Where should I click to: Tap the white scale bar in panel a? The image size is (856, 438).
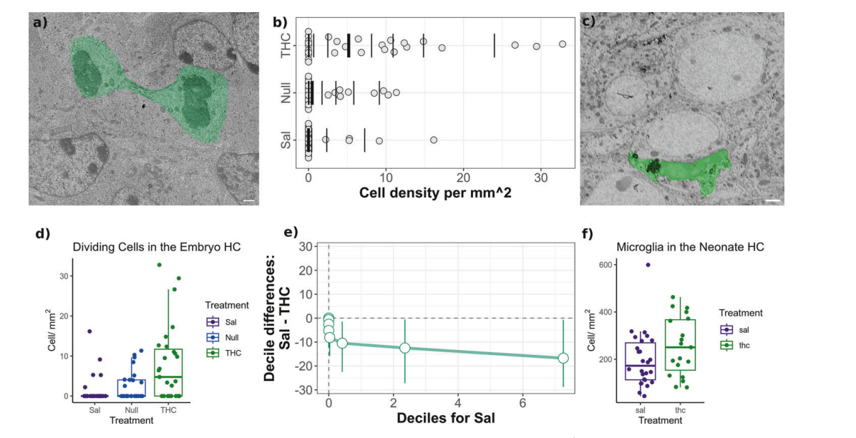[249, 201]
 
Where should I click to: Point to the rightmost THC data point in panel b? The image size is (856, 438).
[563, 44]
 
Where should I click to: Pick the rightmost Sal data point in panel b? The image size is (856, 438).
[434, 140]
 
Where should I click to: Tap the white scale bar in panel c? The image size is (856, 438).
[772, 201]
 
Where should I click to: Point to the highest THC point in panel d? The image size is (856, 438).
[160, 265]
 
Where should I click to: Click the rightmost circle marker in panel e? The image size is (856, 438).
[563, 358]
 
